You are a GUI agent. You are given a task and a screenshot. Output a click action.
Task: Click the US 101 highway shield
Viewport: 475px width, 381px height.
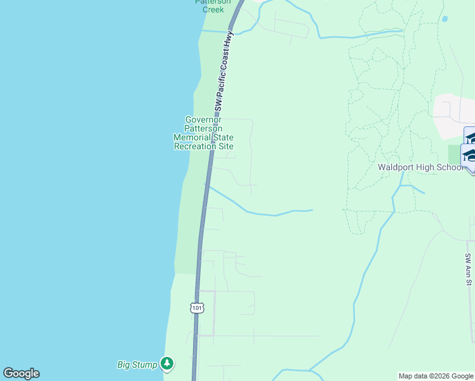tap(197, 308)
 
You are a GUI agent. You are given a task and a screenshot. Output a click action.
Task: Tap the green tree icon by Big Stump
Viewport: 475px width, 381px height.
tap(167, 364)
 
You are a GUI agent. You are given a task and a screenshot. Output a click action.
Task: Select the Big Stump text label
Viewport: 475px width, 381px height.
tap(137, 364)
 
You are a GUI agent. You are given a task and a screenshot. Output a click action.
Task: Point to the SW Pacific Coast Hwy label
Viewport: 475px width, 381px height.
tap(224, 70)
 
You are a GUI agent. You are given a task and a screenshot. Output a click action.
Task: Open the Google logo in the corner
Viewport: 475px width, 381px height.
tap(21, 373)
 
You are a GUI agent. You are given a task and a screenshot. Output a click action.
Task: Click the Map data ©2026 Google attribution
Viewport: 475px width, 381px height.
tap(436, 376)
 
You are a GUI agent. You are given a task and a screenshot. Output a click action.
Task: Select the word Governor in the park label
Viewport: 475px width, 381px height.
tap(203, 119)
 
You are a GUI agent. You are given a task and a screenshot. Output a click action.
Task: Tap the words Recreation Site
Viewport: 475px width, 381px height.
tap(203, 146)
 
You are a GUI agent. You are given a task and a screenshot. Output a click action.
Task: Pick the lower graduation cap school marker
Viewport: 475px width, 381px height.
tap(471, 156)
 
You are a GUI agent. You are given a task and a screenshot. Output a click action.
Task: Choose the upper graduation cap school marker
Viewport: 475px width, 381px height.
tap(471, 137)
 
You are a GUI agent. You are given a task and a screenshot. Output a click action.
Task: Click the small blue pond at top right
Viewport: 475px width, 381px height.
tap(444, 19)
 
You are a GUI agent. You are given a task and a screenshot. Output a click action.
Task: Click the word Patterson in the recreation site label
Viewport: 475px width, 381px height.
tap(203, 128)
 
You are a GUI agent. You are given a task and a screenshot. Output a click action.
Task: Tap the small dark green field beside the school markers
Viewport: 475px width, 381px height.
tap(454, 154)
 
